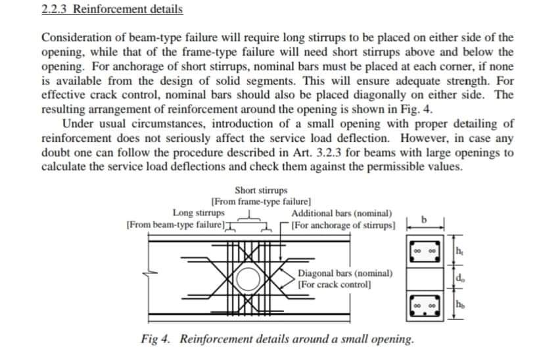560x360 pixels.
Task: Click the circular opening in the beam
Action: pos(248,280)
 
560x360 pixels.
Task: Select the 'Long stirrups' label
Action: pos(198,213)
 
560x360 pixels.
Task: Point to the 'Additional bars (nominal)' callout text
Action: pos(342,214)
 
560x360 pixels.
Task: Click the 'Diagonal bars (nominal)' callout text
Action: pos(345,273)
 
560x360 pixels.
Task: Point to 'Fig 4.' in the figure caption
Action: pos(156,339)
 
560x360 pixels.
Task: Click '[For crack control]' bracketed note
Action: pos(334,284)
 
